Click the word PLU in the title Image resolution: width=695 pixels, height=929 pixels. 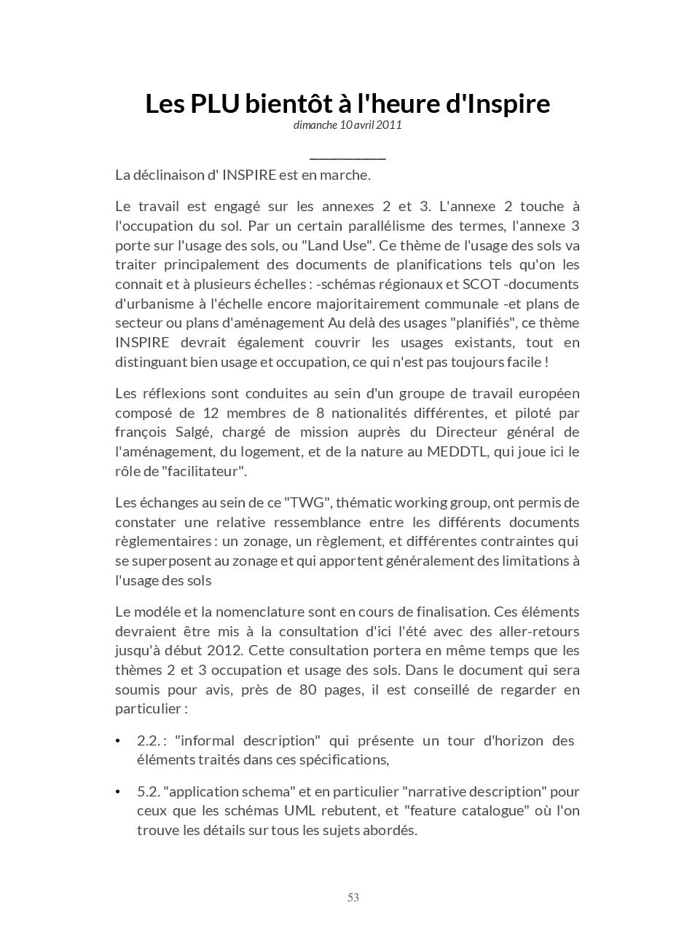point(215,104)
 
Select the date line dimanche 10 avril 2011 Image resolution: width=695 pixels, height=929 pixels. point(347,124)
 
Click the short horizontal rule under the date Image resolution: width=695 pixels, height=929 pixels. point(347,157)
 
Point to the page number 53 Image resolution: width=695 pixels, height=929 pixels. point(353,898)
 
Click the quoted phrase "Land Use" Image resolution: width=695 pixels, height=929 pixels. point(339,245)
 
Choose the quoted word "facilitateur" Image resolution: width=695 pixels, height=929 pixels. point(205,471)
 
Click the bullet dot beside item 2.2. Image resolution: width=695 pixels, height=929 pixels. point(118,741)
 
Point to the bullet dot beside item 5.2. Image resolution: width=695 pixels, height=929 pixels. point(118,791)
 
